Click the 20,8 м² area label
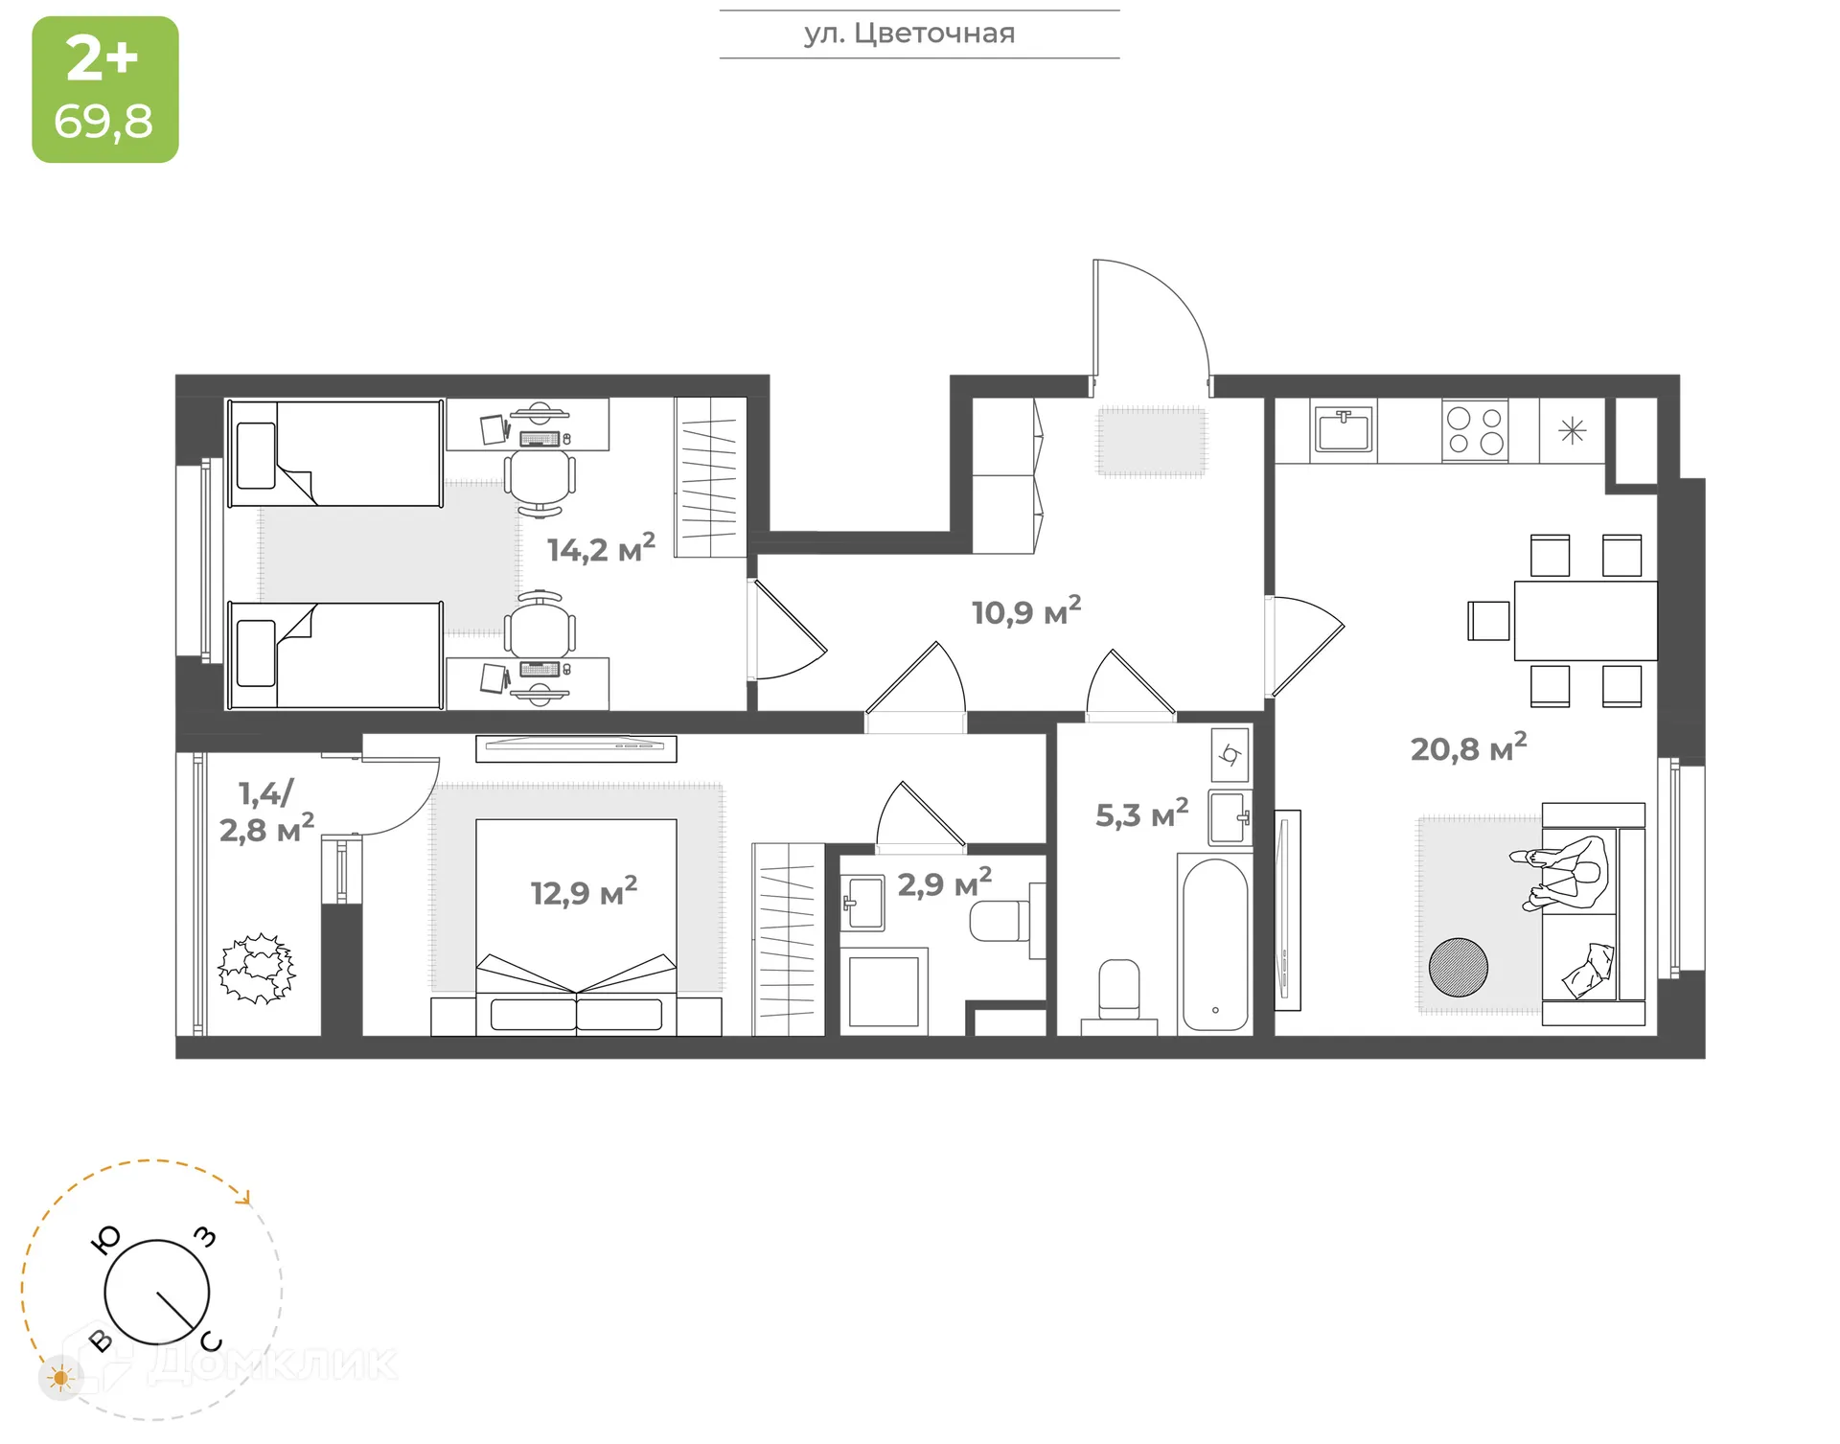tap(1467, 748)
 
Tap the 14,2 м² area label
tap(601, 549)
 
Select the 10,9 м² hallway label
tap(1025, 611)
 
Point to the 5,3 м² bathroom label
tap(1140, 814)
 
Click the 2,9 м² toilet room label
tap(943, 883)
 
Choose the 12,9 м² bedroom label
tap(584, 892)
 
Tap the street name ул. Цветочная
tap(908, 34)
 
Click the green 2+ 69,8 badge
tap(105, 89)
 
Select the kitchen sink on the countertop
tap(1344, 429)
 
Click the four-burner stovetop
tap(1475, 431)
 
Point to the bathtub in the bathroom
tap(1214, 944)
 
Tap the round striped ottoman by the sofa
tap(1458, 967)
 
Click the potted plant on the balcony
tap(256, 969)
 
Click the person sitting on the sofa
tap(1562, 872)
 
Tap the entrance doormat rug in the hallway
tap(1151, 441)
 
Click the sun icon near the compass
tap(61, 1378)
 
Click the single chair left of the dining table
tap(1488, 620)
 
